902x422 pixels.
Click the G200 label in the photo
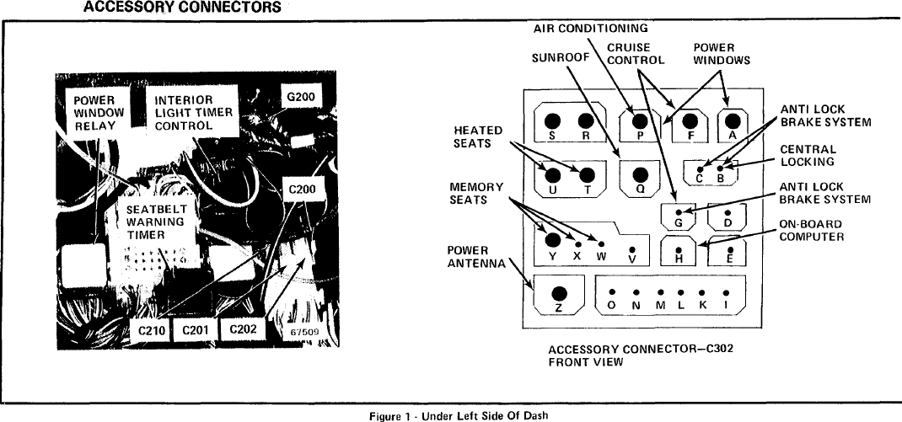point(300,97)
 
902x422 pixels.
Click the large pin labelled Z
point(558,294)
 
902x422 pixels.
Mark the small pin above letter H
point(679,248)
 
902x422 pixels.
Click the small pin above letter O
point(611,292)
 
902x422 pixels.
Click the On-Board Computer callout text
point(811,230)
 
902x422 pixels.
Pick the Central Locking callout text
point(808,155)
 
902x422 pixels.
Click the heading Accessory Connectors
point(181,8)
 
